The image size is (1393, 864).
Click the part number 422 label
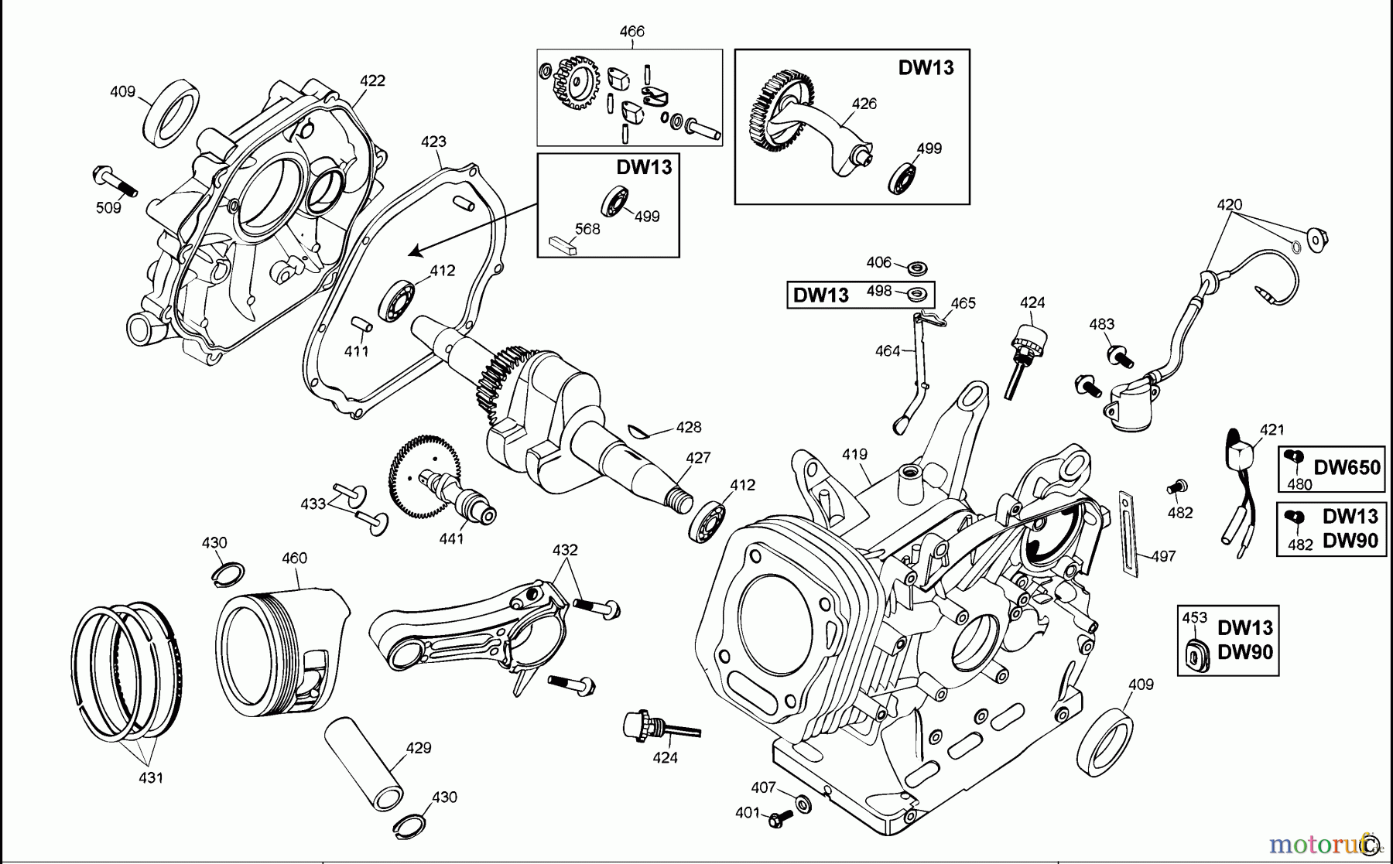[x=372, y=80]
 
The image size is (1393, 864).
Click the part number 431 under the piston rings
[x=150, y=777]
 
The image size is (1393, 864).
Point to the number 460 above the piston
[x=294, y=558]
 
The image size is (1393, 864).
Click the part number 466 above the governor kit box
[x=631, y=32]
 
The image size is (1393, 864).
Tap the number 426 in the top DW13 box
[x=864, y=104]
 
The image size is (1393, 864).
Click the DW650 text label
[x=1347, y=467]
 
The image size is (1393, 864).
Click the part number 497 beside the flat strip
[x=1163, y=556]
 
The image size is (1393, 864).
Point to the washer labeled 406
[x=919, y=268]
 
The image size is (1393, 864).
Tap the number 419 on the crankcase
[x=854, y=454]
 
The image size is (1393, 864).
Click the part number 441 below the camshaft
[x=451, y=538]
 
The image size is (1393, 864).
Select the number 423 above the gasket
[x=433, y=142]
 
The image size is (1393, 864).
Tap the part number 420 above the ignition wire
[x=1229, y=205]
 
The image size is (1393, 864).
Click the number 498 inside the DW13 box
[x=879, y=291]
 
